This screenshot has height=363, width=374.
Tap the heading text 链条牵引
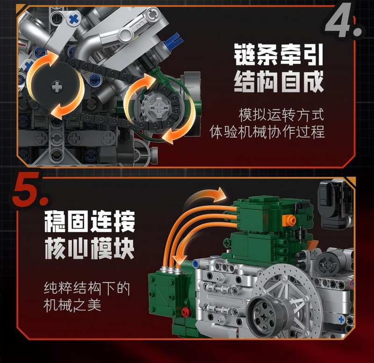(278, 55)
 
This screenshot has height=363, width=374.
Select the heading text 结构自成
(279, 82)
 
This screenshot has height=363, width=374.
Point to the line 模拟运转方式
(281, 115)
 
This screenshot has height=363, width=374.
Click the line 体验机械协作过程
(267, 132)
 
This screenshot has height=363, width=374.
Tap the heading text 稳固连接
(89, 221)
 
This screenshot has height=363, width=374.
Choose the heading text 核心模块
(89, 248)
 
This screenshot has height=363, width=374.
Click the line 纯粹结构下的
(87, 289)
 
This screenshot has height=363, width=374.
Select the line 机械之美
(72, 305)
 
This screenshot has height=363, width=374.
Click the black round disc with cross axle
(57, 87)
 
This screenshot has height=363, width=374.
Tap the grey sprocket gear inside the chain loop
(158, 109)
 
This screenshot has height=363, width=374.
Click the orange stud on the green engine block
(289, 220)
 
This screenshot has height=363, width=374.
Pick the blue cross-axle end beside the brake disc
(341, 319)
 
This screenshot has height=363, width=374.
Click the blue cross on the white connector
(74, 19)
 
